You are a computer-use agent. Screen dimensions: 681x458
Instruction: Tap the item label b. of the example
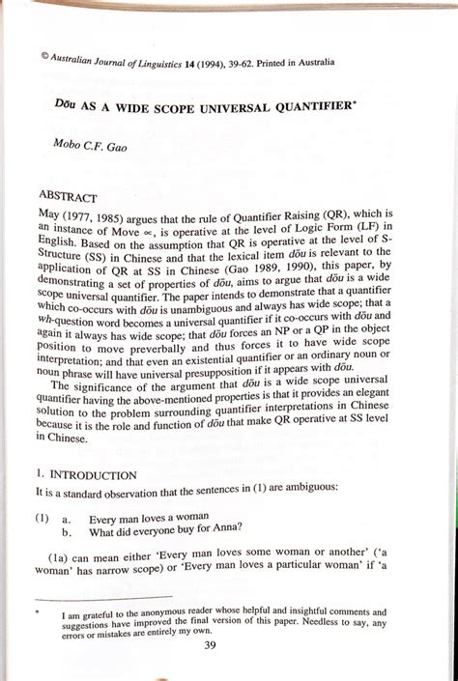(67, 530)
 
